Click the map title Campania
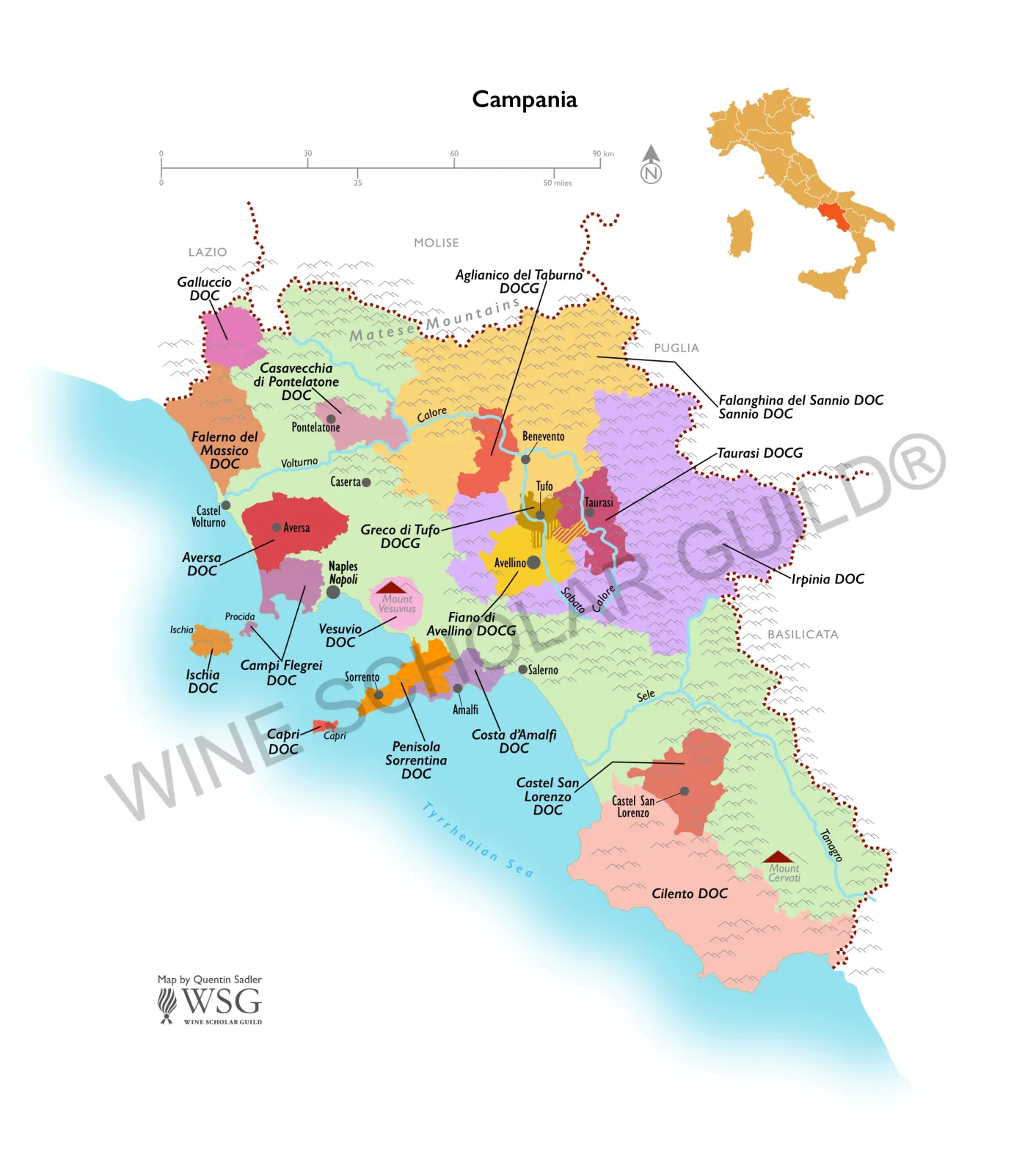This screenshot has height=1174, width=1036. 524,99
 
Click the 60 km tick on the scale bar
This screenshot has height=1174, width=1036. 454,161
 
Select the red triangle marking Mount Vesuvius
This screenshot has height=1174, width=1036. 392,587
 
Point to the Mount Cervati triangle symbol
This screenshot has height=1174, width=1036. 778,857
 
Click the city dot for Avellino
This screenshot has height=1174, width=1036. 533,563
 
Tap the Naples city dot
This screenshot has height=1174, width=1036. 333,591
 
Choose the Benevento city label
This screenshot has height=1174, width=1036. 543,437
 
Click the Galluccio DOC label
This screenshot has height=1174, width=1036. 204,288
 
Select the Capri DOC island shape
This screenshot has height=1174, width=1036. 324,726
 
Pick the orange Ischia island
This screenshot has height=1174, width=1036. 211,641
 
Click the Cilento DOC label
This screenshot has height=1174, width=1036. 690,893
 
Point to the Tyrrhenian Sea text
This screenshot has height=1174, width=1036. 478,840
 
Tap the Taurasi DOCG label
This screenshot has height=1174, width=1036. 759,453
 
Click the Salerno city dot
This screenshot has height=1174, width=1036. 522,669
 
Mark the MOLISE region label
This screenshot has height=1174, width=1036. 436,243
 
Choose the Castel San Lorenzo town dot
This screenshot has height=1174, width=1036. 684,791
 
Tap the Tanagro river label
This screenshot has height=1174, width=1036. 831,845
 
